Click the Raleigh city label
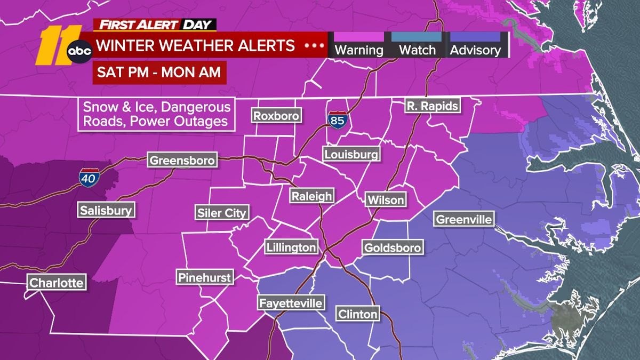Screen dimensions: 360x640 point(312,196)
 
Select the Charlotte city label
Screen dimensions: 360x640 point(57,283)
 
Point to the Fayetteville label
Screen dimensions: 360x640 point(291,303)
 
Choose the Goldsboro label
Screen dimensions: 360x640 point(393,247)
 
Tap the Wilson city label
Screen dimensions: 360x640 point(385,200)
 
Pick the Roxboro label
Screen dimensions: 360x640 point(276,116)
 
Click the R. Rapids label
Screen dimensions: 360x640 point(432,106)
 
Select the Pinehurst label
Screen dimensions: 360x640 point(205,277)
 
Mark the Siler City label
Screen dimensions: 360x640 point(222,213)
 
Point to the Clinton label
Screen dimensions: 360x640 point(357,314)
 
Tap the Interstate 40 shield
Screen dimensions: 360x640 point(86,177)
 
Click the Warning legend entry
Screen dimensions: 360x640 point(358,45)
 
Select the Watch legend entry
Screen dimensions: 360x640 point(417,45)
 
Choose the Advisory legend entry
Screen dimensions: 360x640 point(475,45)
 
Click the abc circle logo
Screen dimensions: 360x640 point(80,50)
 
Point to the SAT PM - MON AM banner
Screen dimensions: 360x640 point(159,72)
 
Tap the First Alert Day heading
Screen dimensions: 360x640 point(155,25)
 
